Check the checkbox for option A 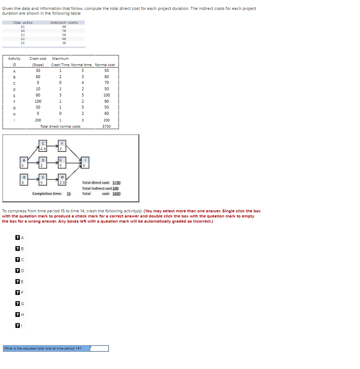(x=17, y=238)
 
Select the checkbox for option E (x=17, y=281)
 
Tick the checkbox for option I (x=17, y=325)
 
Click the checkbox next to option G (x=17, y=303)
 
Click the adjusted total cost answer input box (x=99, y=348)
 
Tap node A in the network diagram (x=24, y=162)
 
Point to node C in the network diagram (x=43, y=146)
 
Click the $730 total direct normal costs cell (x=106, y=126)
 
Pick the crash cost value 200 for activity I (x=38, y=120)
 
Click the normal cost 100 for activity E (x=106, y=95)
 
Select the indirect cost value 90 (x=64, y=27)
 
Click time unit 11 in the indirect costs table (x=23, y=43)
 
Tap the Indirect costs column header (x=64, y=23)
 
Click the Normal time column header (x=81, y=65)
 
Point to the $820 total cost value (x=116, y=193)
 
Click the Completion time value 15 (x=69, y=193)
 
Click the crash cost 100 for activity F (x=38, y=101)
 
